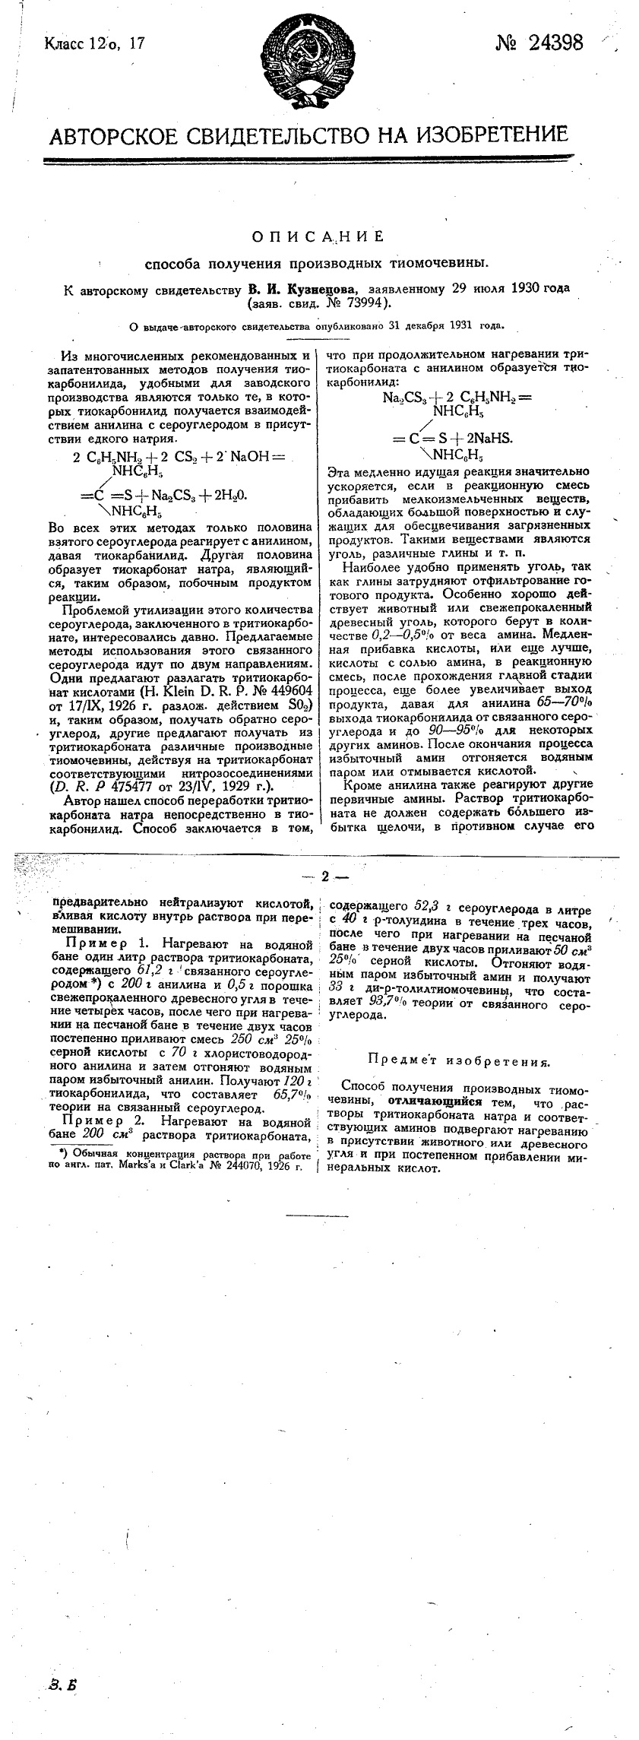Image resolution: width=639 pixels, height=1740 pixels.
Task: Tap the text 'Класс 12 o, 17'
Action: pyautogui.click(x=94, y=44)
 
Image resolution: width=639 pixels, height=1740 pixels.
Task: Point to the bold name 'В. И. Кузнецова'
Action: pyautogui.click(x=303, y=290)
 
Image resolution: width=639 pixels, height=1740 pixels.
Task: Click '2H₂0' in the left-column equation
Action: pyautogui.click(x=228, y=494)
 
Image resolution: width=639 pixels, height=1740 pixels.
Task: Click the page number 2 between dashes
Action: pyautogui.click(x=325, y=876)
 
